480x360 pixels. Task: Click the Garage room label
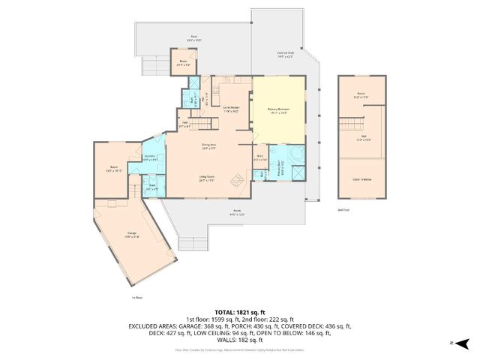point(132,236)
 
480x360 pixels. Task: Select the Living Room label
point(208,179)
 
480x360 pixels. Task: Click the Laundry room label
point(150,157)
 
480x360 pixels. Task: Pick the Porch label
point(237,212)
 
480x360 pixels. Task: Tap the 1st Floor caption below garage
point(136,298)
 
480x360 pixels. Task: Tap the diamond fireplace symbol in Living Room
point(237,180)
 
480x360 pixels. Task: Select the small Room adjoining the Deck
point(183,60)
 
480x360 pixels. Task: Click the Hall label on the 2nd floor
point(362,137)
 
